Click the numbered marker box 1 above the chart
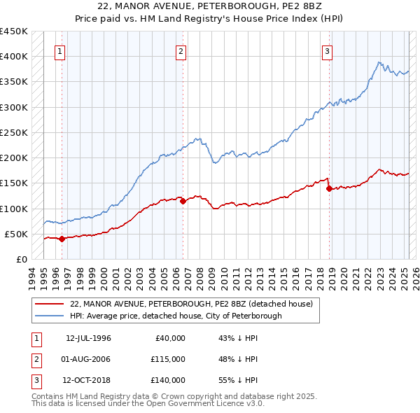pyautogui.click(x=60, y=51)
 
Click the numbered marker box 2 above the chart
pyautogui.click(x=181, y=51)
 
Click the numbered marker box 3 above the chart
pyautogui.click(x=327, y=51)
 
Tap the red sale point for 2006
pyautogui.click(x=183, y=201)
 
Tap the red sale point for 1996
pyautogui.click(x=62, y=239)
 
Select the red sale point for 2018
pyautogui.click(x=329, y=188)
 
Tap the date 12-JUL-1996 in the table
pyautogui.click(x=88, y=338)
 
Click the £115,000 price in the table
pyautogui.click(x=168, y=359)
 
